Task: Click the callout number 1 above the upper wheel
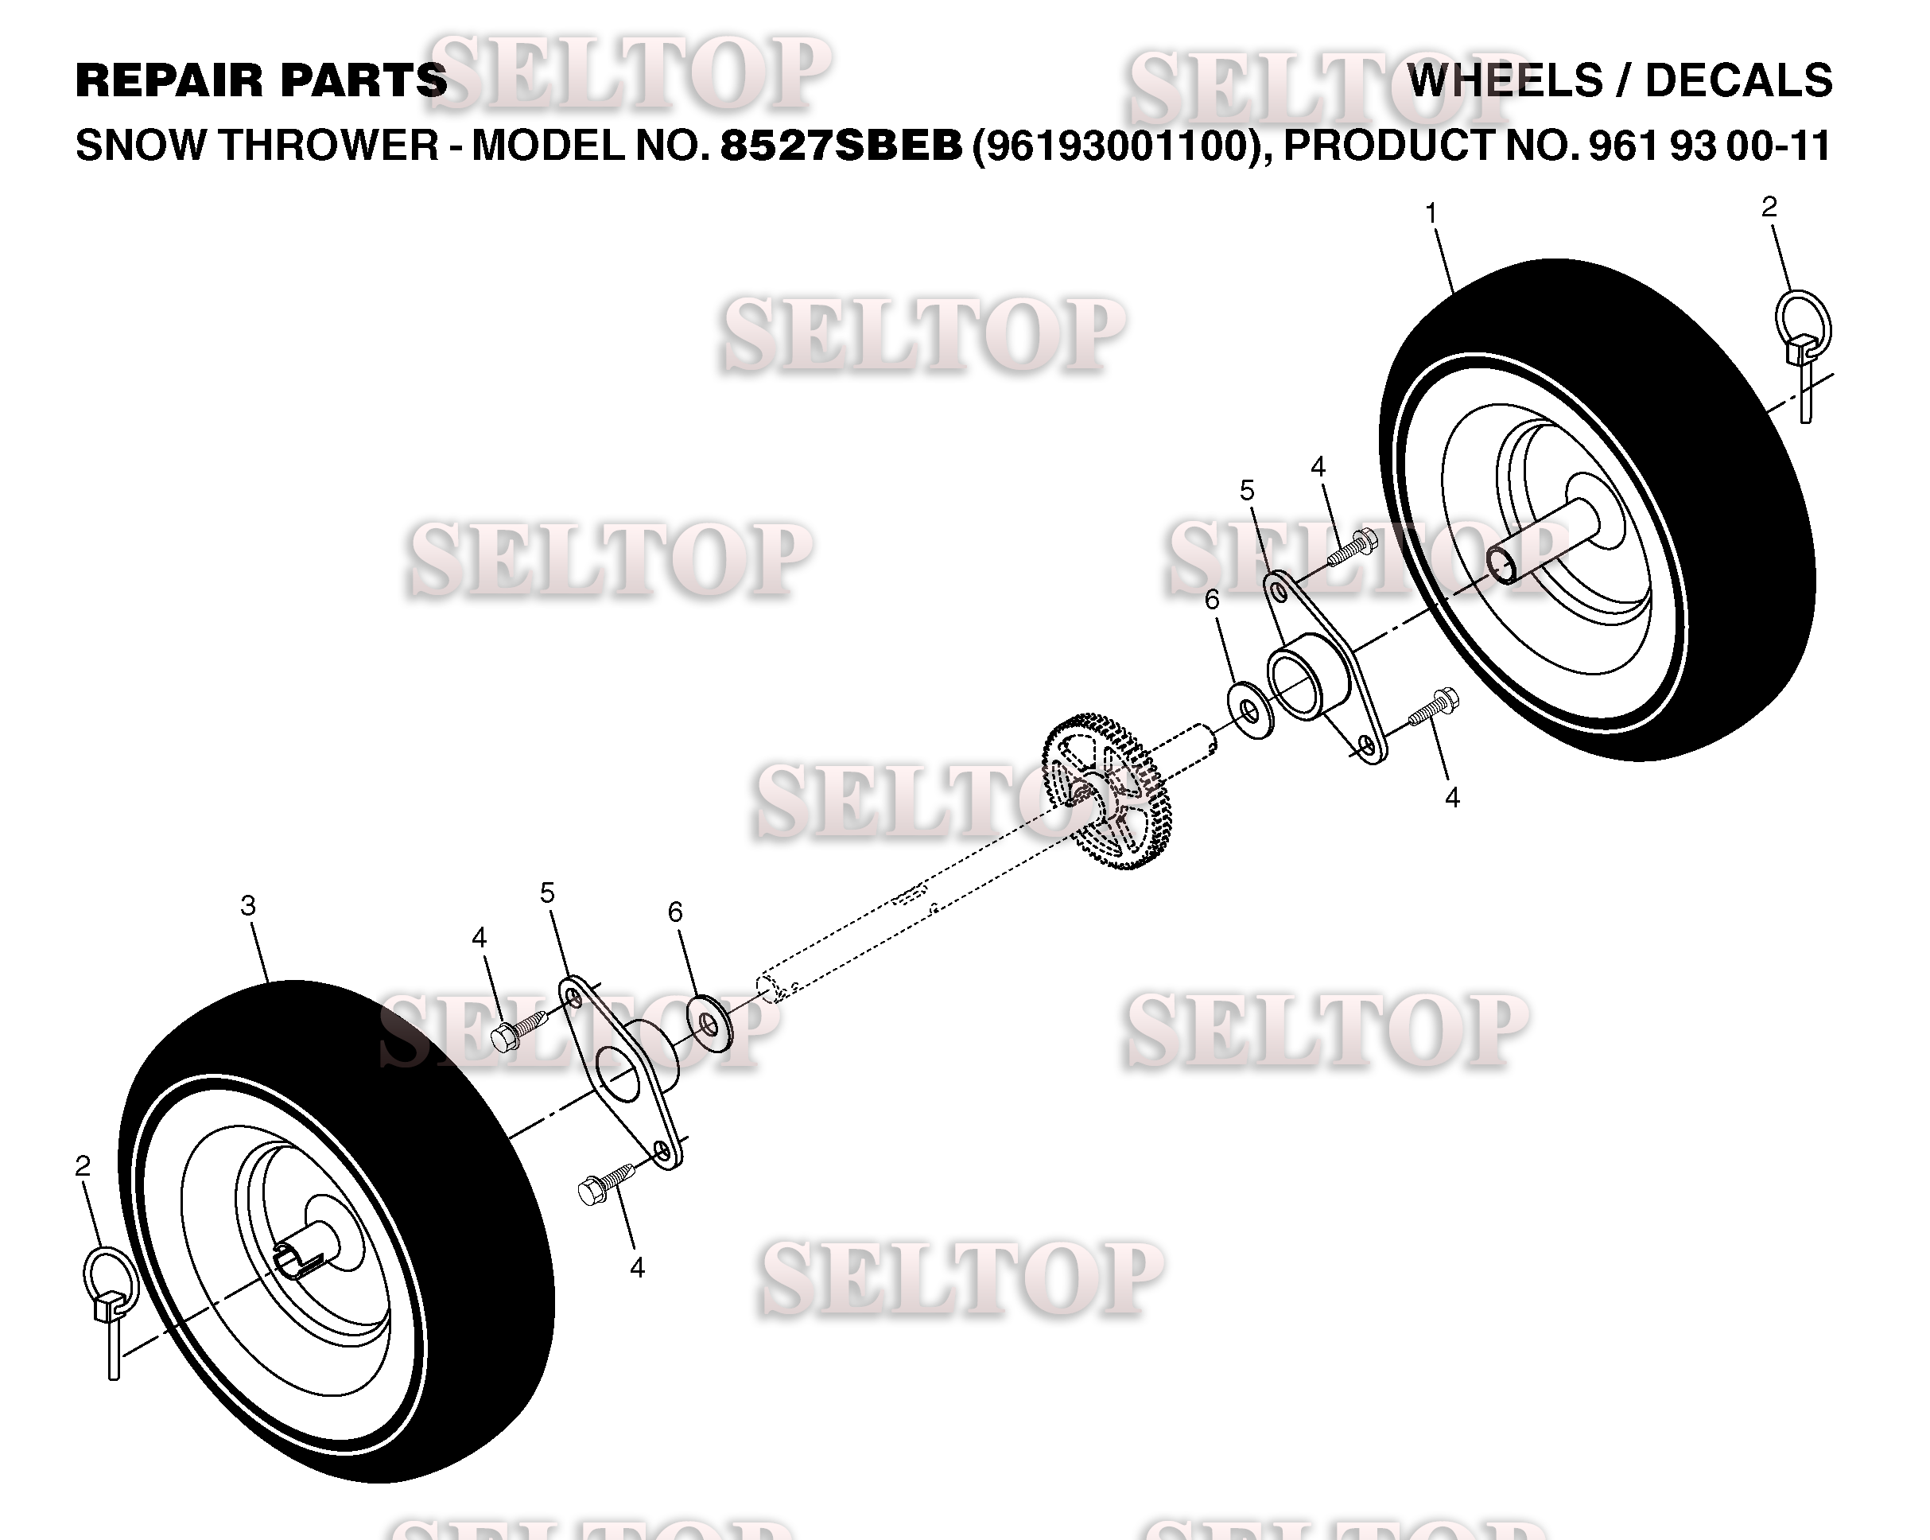(1431, 214)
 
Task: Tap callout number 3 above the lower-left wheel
(248, 906)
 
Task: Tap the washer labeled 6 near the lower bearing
(709, 1021)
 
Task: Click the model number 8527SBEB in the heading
(841, 145)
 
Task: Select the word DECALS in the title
(1739, 80)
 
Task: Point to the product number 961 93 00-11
(1710, 145)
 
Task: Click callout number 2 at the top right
(1769, 207)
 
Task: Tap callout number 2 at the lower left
(83, 1166)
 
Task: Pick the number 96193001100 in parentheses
(1121, 145)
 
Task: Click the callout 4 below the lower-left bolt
(636, 1268)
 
